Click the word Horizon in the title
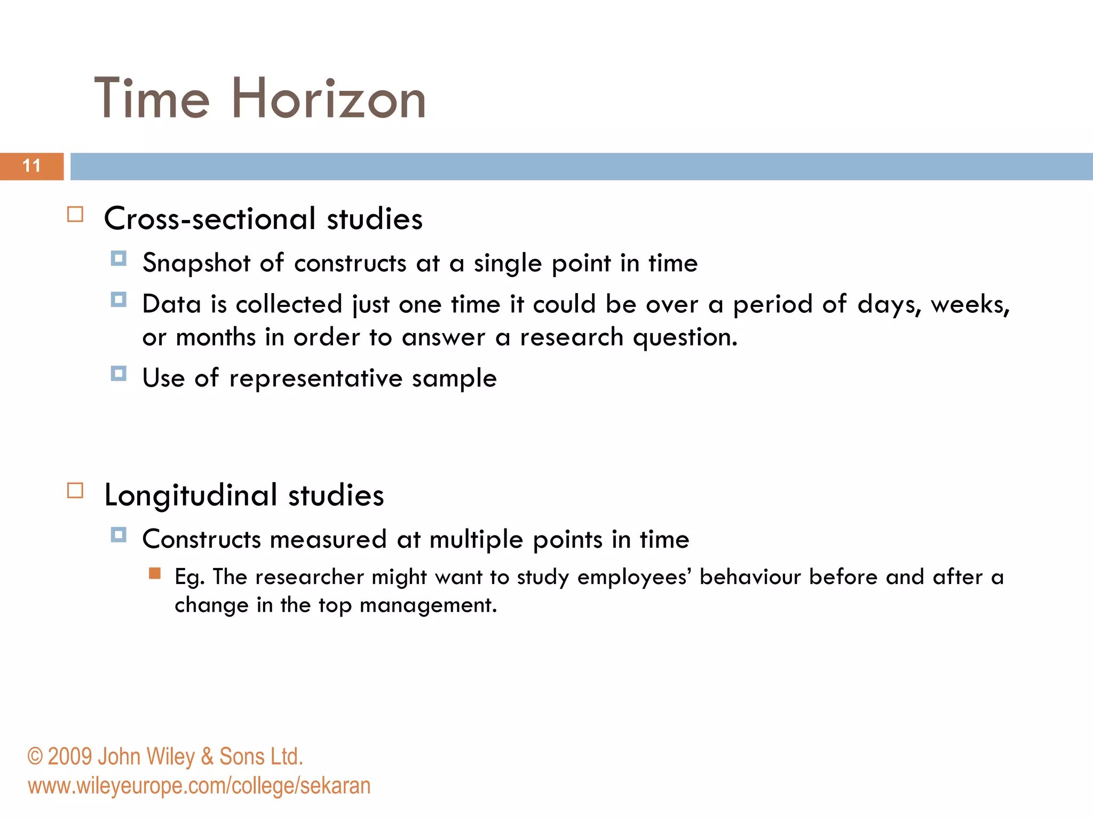[328, 99]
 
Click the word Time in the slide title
[152, 99]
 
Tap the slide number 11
[31, 166]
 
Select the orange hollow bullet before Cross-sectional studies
[75, 215]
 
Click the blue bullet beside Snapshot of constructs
[118, 259]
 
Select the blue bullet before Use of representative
[118, 373]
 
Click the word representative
[315, 379]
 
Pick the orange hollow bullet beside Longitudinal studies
[75, 491]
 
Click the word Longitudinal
[191, 495]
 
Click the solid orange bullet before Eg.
[155, 574]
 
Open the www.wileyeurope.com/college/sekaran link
[199, 786]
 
